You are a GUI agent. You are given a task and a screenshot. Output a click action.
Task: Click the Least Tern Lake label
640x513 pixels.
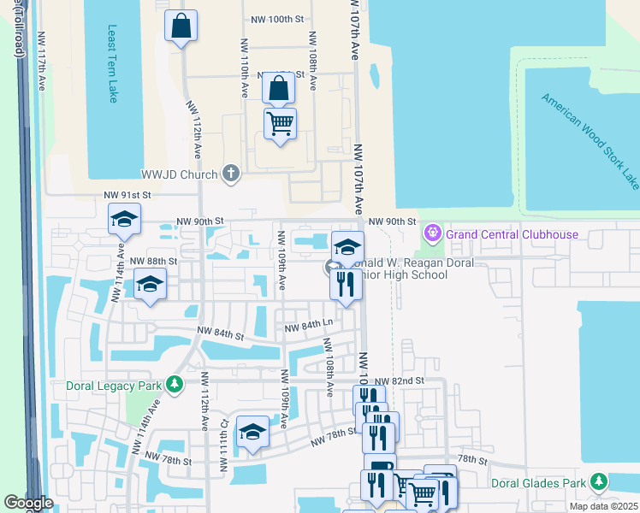pos(112,64)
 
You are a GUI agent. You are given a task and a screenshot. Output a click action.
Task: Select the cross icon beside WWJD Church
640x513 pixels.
pos(229,174)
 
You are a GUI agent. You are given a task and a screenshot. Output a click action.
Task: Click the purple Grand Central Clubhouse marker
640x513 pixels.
pos(432,233)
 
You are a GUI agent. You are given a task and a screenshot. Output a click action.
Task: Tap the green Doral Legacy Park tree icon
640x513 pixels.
pos(175,385)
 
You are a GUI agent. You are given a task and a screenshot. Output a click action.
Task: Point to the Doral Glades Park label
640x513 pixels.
pos(538,483)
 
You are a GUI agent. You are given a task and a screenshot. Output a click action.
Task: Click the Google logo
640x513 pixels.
pos(28,503)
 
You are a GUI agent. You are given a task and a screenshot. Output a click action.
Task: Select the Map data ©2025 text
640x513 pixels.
pos(602,506)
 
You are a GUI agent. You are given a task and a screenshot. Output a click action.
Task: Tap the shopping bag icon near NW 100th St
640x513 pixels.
pos(181,26)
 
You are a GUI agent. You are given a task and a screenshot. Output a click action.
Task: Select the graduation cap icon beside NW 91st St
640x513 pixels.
pos(124,220)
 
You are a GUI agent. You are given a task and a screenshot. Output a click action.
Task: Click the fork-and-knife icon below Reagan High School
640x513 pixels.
pos(347,284)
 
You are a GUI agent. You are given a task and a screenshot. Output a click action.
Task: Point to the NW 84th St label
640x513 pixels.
pos(222,334)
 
